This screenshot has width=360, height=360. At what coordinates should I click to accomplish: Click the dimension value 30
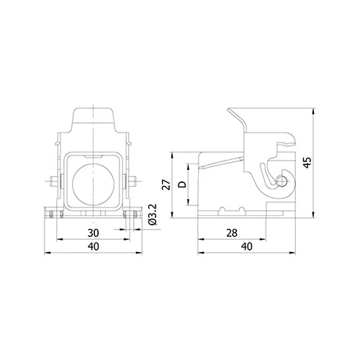click(x=93, y=233)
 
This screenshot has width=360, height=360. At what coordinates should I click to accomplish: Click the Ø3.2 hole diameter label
click(x=153, y=215)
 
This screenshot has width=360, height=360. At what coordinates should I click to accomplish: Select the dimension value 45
click(x=307, y=163)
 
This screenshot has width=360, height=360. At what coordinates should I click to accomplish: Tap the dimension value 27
click(x=166, y=184)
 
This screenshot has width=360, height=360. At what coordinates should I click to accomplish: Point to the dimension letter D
click(x=182, y=184)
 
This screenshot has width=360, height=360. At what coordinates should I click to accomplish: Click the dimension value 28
click(x=232, y=233)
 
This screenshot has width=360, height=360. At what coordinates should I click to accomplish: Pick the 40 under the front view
click(x=93, y=246)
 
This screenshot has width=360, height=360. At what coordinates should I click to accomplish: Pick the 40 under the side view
click(x=247, y=246)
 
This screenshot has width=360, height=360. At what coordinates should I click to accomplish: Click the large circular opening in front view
click(x=93, y=184)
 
